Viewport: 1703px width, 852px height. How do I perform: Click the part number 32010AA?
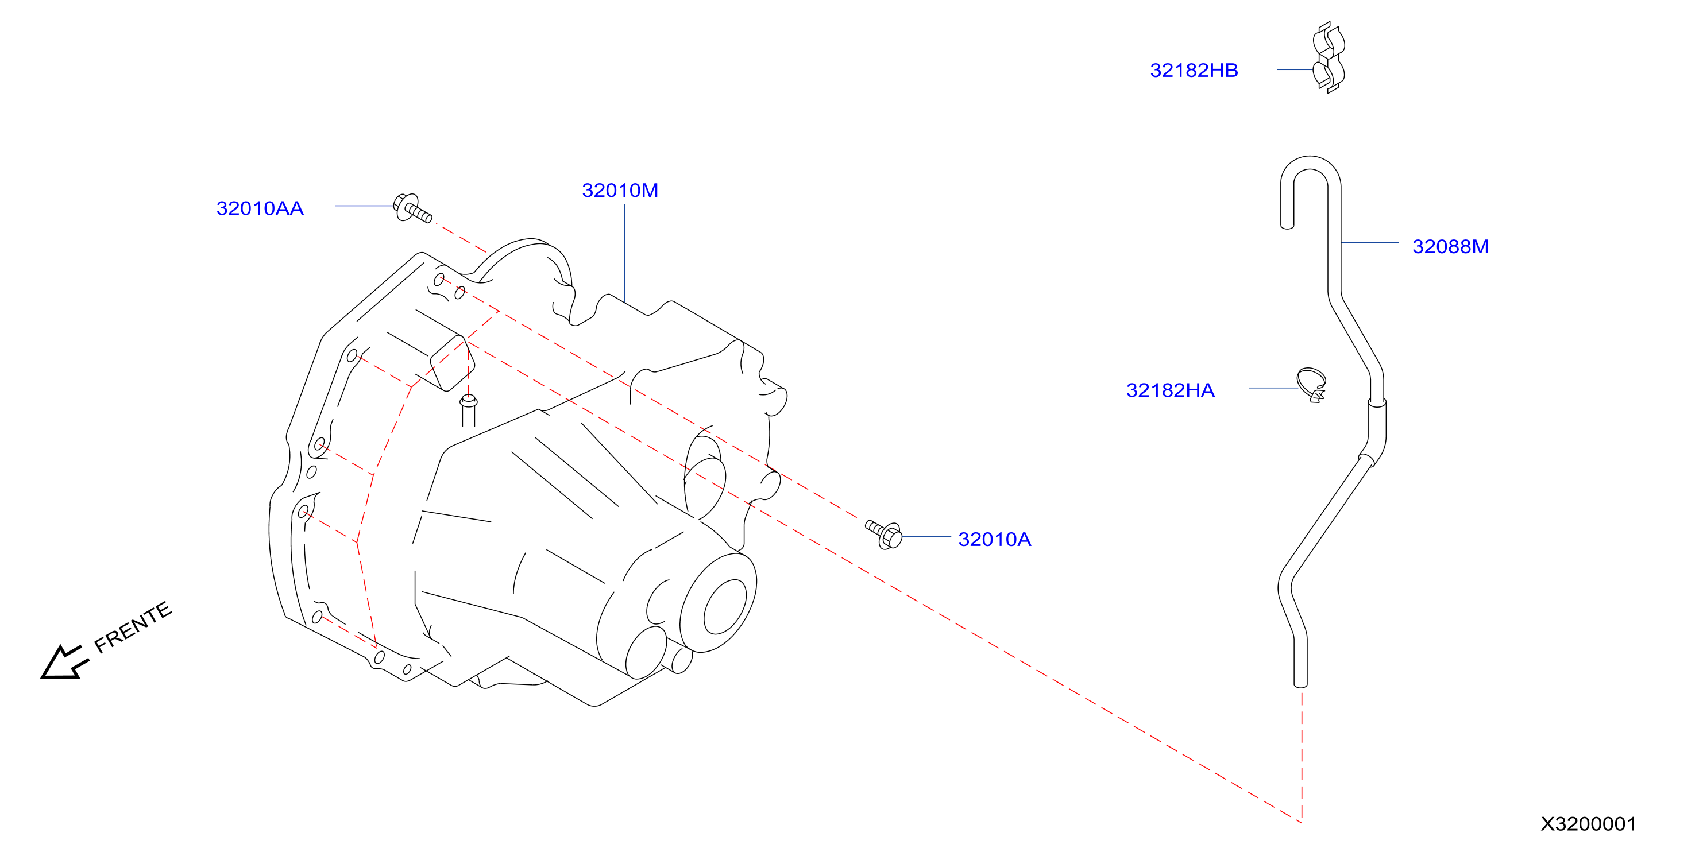click(260, 208)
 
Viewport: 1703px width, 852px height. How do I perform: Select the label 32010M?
click(620, 191)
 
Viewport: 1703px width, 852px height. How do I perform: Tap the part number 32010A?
click(994, 539)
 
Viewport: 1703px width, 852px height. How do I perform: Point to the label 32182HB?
click(1194, 70)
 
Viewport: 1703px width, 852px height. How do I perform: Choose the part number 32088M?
click(1450, 246)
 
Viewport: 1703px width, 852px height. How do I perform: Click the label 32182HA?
click(1170, 390)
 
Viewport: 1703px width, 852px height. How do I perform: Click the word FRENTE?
click(133, 628)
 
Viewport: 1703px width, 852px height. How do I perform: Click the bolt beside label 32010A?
click(884, 534)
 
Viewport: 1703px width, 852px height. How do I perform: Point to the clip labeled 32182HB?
click(1329, 57)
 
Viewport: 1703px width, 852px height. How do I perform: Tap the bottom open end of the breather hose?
click(1300, 685)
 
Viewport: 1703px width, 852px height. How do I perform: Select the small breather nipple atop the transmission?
click(469, 410)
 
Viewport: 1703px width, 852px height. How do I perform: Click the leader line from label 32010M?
click(625, 254)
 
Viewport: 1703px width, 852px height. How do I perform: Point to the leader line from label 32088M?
click(1370, 243)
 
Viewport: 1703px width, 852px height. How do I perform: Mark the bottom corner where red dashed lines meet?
click(1301, 822)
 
